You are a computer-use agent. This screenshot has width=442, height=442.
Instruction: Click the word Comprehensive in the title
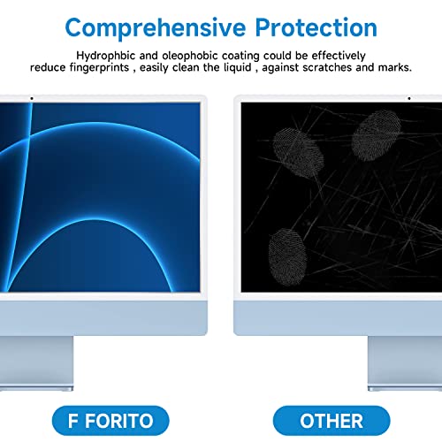click(x=156, y=28)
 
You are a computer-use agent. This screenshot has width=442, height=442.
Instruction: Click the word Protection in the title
click(x=316, y=27)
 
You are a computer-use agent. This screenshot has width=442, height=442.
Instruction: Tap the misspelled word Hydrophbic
click(x=106, y=56)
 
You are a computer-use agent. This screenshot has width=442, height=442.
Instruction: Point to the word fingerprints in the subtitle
click(x=99, y=68)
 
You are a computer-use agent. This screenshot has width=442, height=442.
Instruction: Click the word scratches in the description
click(x=328, y=67)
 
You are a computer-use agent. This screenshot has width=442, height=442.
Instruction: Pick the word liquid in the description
click(x=238, y=67)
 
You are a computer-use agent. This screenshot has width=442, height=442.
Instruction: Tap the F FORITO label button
click(x=110, y=421)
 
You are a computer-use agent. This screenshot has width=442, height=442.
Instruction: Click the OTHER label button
click(x=331, y=421)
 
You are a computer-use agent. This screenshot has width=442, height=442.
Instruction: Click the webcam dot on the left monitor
click(x=32, y=98)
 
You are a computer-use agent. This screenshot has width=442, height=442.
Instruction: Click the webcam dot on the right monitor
click(x=409, y=98)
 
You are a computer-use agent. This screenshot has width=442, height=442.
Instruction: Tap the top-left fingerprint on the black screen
click(x=298, y=153)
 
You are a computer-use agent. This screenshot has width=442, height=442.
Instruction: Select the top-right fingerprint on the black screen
click(x=377, y=135)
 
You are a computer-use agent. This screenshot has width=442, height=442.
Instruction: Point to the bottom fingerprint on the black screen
click(x=287, y=257)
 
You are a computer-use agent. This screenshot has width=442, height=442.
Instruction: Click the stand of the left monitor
click(x=36, y=363)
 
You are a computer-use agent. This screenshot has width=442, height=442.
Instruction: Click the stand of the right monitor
click(x=405, y=363)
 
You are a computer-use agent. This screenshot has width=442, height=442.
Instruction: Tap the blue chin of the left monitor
click(x=103, y=317)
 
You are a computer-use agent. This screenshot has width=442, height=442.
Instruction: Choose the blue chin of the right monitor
click(x=338, y=317)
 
